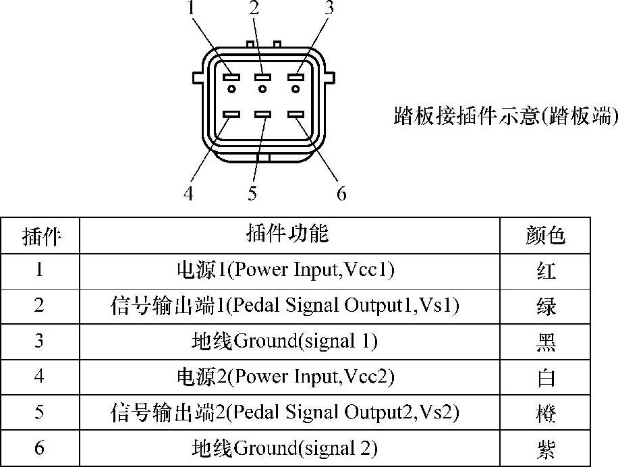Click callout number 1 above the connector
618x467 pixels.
click(191, 9)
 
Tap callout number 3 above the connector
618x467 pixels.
click(329, 9)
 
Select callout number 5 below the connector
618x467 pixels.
click(252, 194)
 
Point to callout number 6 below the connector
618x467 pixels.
click(341, 194)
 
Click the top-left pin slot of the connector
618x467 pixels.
click(231, 78)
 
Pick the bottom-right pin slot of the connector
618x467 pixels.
click(295, 115)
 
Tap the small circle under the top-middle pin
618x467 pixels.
click(262, 89)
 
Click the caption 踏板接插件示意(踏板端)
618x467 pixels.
click(505, 115)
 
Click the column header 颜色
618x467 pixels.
click(545, 235)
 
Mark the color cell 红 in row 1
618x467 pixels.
click(545, 271)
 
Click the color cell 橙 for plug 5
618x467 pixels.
click(545, 412)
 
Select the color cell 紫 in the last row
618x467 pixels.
click(545, 448)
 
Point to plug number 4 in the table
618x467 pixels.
click(39, 377)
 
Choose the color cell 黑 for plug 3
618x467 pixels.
click(545, 341)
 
